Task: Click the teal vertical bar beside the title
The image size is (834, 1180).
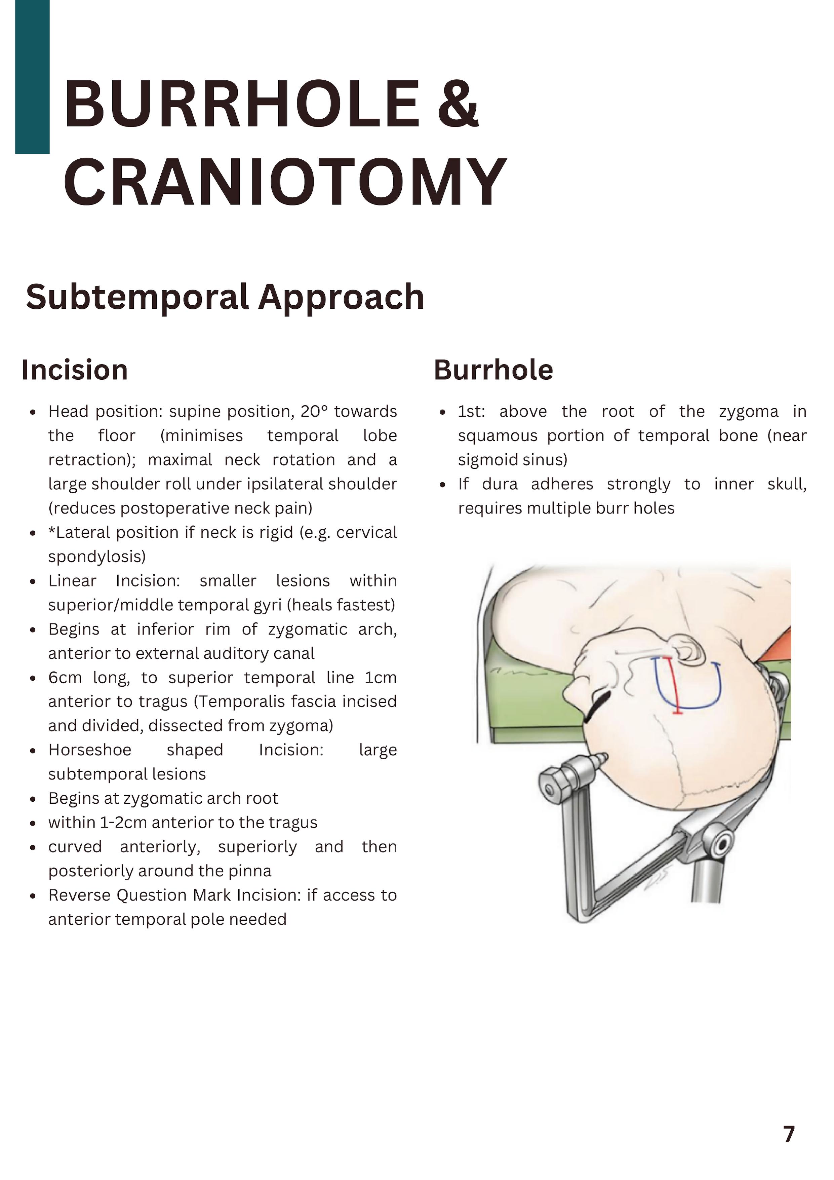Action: coord(32,77)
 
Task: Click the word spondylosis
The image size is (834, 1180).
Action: coord(96,557)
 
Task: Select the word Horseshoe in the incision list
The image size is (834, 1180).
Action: coord(90,750)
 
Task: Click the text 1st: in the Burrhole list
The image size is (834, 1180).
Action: coord(471,412)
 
